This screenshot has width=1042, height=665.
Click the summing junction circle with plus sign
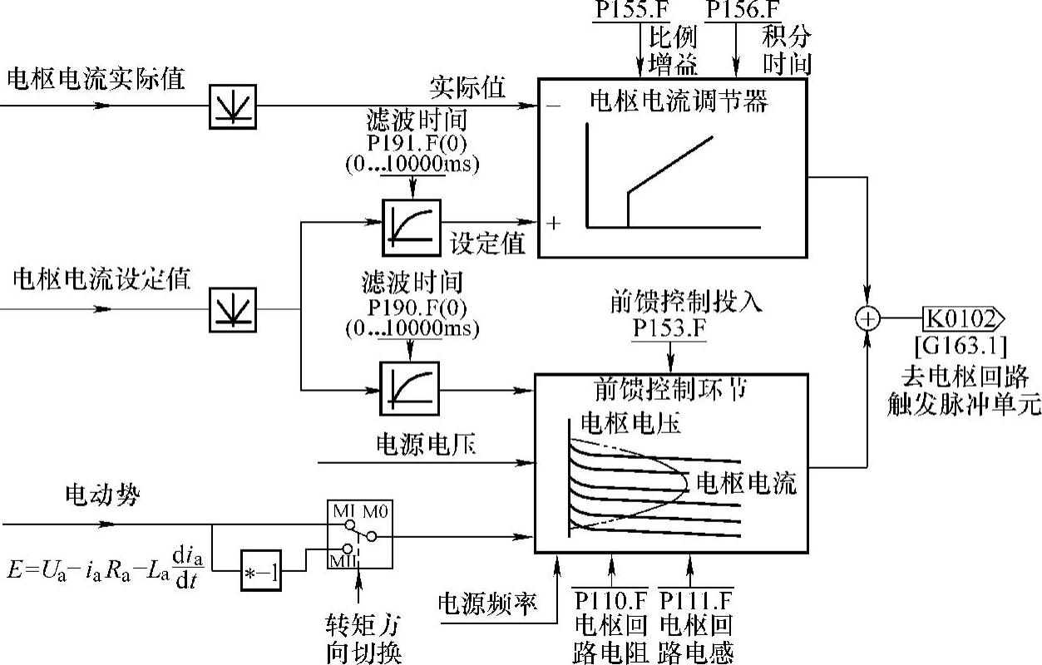pos(867,318)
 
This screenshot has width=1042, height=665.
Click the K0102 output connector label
pos(963,318)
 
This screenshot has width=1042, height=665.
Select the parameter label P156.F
pos(743,10)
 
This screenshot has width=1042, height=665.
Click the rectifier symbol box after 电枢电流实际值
pos(232,106)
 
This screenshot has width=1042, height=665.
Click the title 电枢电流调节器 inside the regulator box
pos(678,101)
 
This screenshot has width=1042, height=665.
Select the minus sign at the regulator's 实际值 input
pos(552,106)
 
